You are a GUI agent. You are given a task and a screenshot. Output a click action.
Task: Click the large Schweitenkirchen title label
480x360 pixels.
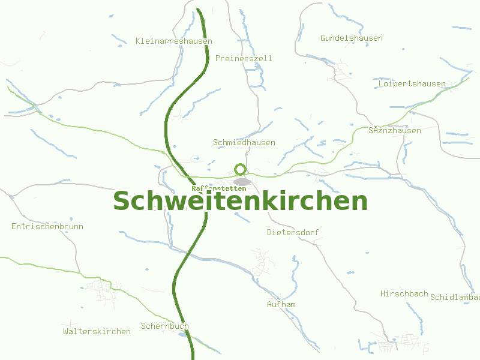pos(240,201)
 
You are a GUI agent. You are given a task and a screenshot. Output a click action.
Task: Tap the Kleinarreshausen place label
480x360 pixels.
pos(174,41)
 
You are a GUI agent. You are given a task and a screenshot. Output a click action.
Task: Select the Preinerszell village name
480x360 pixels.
pos(244,59)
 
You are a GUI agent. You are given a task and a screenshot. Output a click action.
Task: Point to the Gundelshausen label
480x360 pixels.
pos(351,38)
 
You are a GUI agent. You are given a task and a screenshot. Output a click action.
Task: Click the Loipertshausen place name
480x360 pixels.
pos(412,84)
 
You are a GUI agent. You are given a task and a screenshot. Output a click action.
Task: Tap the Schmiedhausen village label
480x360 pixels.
pos(244,143)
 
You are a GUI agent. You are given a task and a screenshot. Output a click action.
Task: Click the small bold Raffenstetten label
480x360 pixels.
pos(218,188)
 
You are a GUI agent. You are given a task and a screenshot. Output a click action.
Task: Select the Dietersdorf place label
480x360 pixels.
pos(293,232)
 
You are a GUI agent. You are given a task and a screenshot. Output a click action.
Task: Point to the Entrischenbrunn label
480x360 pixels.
pos(47,227)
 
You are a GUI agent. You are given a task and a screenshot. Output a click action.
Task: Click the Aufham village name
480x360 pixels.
pos(281,305)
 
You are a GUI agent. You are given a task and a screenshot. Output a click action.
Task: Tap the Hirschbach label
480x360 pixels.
pos(404,294)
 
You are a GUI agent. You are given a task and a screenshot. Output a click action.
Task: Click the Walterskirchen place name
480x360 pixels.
pos(97,332)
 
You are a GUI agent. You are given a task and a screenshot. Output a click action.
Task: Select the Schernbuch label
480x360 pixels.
pos(165,326)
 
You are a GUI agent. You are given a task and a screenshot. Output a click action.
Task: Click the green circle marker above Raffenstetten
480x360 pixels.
pos(241,170)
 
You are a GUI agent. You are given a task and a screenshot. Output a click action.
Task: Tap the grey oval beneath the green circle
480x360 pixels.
pos(242,181)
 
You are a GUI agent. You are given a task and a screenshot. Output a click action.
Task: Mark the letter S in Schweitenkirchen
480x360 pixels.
pos(123,201)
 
